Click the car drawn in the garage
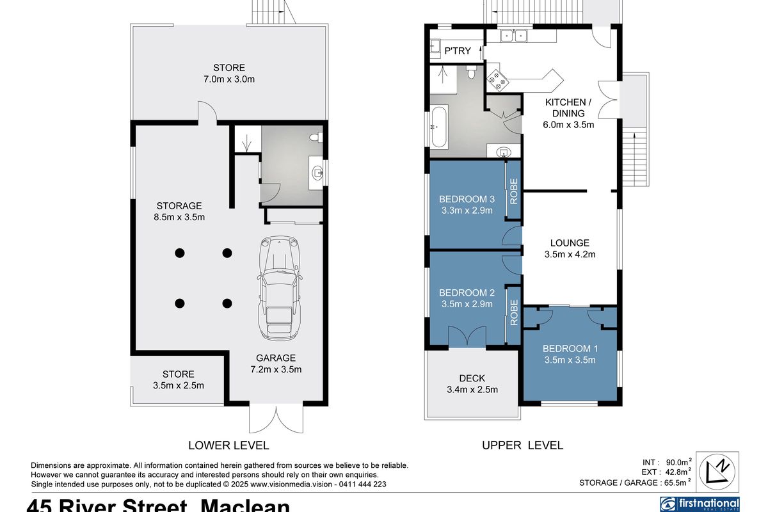278,289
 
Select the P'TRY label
457,51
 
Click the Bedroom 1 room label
570,349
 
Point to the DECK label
472,378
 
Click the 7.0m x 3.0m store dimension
229,79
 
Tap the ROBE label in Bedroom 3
513,190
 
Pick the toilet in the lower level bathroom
316,137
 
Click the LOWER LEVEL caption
228,445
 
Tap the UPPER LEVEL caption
522,445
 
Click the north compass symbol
717,471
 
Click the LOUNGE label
570,243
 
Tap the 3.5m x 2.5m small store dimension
178,385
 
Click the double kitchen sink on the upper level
513,36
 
